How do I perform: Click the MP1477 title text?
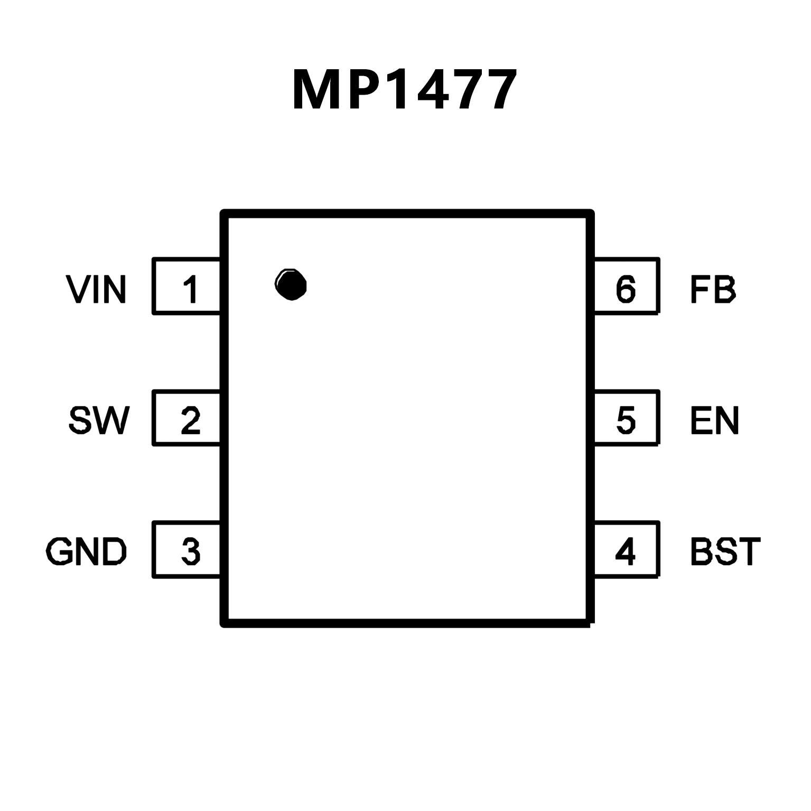(404, 90)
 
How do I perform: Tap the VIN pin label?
(96, 289)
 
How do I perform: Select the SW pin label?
(99, 421)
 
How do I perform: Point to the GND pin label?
(87, 552)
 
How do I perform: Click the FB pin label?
(713, 289)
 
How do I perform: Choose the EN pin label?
(714, 421)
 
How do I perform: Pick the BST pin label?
(725, 552)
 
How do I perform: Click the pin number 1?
(190, 289)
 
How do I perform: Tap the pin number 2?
(190, 421)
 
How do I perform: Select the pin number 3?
(190, 552)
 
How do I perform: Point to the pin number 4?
(626, 552)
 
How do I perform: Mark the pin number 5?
(626, 421)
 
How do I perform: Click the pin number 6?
(626, 289)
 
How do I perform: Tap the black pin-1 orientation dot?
(291, 285)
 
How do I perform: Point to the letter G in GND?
(59, 552)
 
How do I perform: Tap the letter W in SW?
(111, 421)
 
